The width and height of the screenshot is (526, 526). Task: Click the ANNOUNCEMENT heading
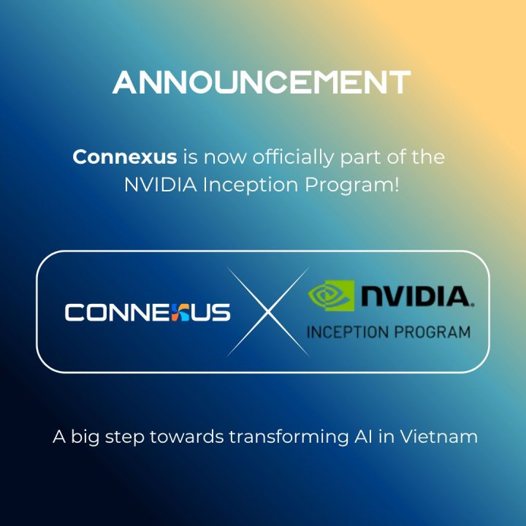point(262,83)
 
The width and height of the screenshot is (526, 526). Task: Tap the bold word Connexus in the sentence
point(124,157)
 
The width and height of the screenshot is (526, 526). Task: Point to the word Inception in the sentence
point(239,185)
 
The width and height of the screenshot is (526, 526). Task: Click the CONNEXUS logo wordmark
point(147,312)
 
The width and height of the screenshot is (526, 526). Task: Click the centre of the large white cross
point(264,312)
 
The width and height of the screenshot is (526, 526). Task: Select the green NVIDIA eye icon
point(330,295)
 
